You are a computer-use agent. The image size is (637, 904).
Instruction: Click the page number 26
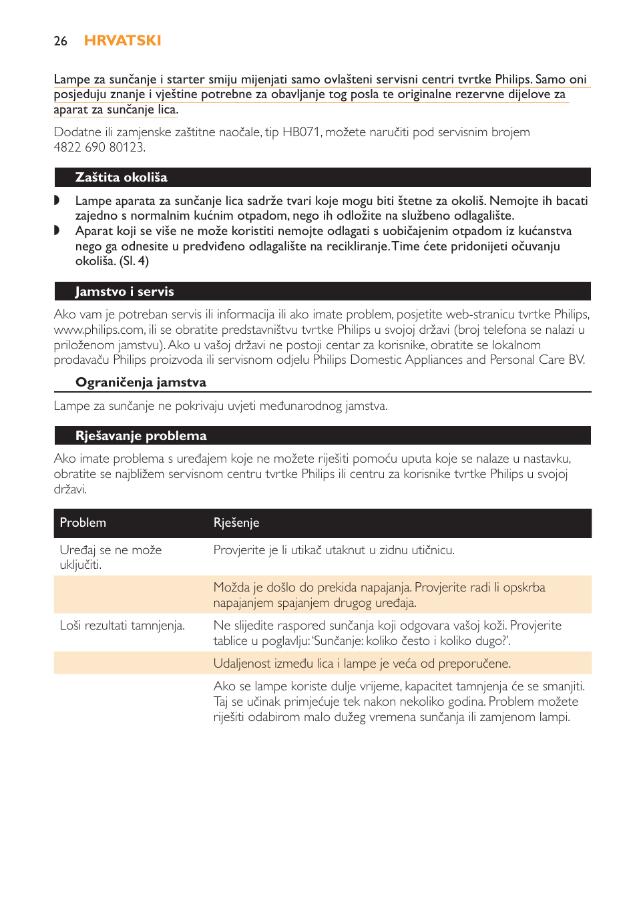pos(60,41)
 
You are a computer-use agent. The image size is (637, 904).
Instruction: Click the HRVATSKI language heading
pos(122,41)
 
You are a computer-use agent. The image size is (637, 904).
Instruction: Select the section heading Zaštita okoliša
pos(121,178)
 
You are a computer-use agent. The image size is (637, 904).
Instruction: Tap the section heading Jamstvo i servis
pos(124,292)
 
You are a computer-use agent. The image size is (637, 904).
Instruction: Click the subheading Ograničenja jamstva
pos(140,383)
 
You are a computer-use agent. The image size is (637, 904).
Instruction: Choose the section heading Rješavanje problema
pos(141,436)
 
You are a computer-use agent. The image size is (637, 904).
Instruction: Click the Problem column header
pos(83,523)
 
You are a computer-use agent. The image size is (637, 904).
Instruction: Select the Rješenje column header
pos(236,523)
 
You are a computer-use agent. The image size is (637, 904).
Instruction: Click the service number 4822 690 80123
pos(99,148)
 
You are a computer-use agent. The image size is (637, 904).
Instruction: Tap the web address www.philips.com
pos(99,330)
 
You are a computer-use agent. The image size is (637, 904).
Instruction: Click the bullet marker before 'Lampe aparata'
pos(57,200)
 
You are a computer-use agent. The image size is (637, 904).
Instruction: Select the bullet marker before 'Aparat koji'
pos(57,230)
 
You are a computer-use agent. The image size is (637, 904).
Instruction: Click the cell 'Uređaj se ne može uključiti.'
pos(111,557)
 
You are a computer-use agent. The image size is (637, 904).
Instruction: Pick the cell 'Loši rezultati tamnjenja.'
pos(122,626)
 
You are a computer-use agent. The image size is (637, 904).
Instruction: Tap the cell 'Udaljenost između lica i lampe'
pos(362,664)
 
